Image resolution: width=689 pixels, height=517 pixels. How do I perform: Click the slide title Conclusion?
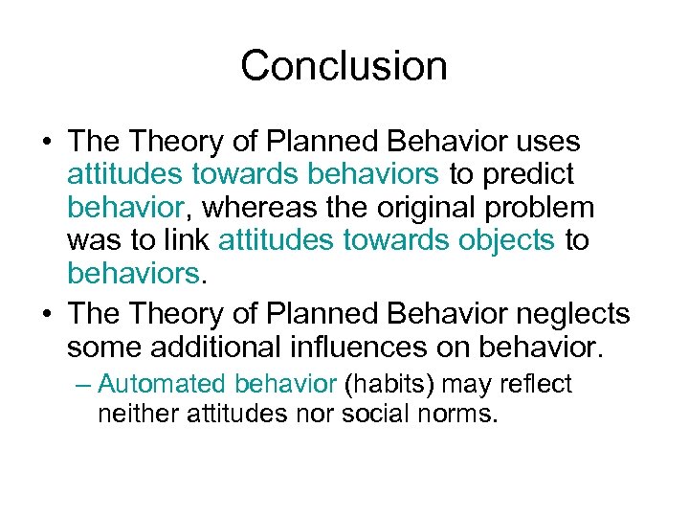point(344,66)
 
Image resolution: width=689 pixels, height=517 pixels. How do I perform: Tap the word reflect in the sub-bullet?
point(536,384)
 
